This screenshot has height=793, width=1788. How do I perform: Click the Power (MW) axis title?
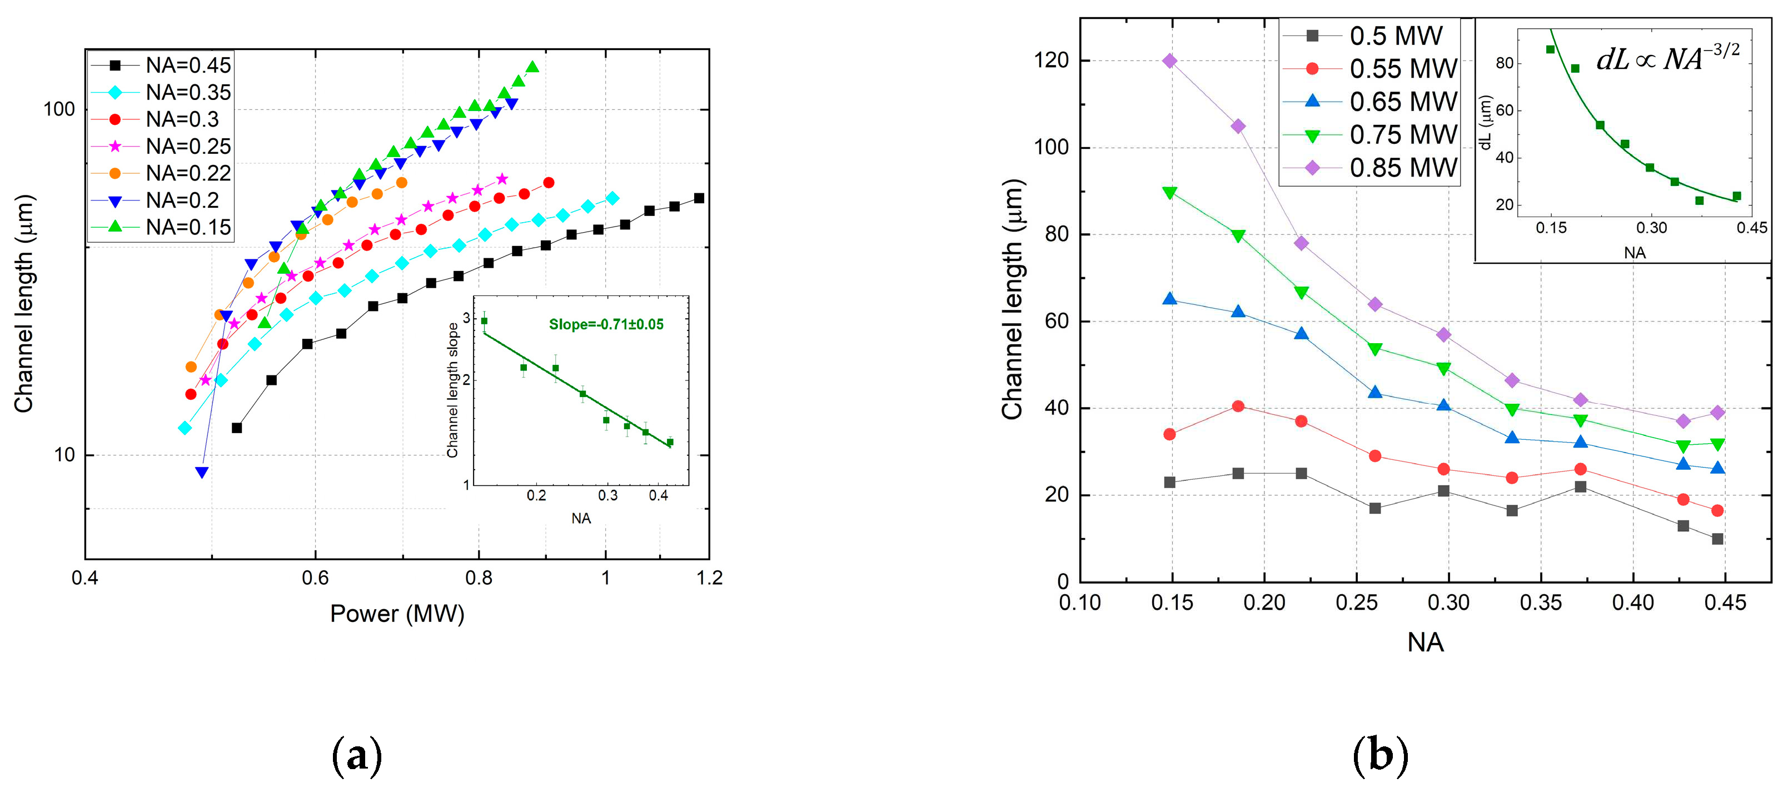[x=397, y=613]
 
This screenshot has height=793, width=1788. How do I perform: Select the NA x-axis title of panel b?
[x=1426, y=643]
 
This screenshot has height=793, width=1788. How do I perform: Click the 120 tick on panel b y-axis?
[x=1051, y=61]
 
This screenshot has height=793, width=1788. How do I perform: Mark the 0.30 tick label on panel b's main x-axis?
[x=1448, y=602]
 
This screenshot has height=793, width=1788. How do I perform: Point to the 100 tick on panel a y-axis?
[x=59, y=109]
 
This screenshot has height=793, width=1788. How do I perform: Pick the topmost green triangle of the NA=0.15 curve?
[x=532, y=67]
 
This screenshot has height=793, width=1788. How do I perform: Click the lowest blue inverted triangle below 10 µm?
[x=202, y=473]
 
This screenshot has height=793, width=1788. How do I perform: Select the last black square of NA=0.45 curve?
[x=699, y=198]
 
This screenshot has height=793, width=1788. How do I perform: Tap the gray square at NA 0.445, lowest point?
[x=1718, y=539]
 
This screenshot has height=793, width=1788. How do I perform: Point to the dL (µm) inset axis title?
[x=1486, y=122]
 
